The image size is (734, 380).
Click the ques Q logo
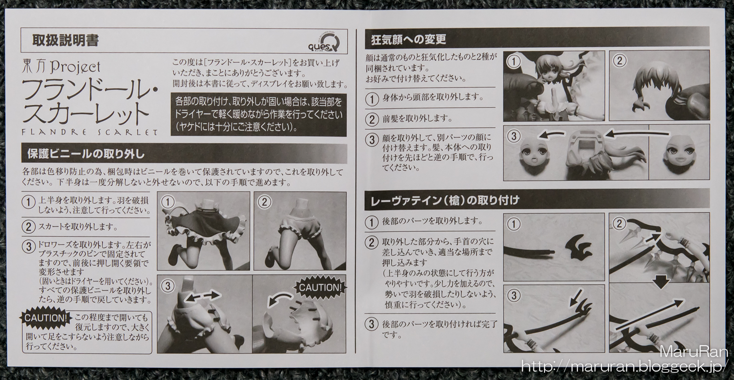point(323,43)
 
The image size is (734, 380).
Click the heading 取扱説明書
point(66,40)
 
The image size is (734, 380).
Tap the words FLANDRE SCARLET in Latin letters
point(89,132)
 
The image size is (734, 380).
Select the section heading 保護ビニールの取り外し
point(86,154)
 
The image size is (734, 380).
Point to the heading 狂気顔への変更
point(408,39)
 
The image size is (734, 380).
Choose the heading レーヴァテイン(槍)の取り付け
point(445,200)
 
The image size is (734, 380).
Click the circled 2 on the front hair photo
point(619,61)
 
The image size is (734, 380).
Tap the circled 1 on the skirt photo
point(168,202)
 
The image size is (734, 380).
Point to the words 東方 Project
point(61,67)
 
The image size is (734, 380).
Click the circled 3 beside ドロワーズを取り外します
point(28,247)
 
